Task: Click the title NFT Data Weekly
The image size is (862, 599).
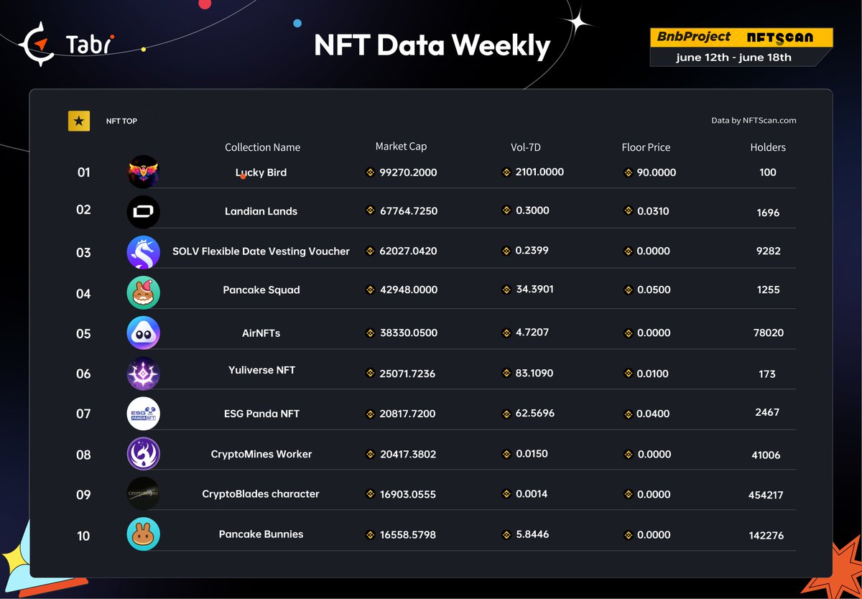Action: [432, 45]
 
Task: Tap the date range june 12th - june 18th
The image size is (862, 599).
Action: [733, 57]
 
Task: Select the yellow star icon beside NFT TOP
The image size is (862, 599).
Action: [79, 121]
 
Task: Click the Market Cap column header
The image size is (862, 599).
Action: [401, 147]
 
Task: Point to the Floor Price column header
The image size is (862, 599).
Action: [646, 147]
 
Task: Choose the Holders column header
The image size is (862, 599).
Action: [768, 147]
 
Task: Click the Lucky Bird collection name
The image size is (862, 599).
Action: [261, 172]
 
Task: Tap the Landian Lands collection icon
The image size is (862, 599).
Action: [143, 212]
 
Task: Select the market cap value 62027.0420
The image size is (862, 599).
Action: [408, 251]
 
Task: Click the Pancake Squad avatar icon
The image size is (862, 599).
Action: [143, 292]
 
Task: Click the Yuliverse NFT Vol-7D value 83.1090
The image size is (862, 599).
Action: [534, 373]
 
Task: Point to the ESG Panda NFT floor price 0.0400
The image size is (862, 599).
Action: [653, 414]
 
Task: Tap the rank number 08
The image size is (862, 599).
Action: [83, 455]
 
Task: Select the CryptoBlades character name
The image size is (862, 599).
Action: [261, 494]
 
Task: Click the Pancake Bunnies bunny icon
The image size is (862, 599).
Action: [143, 534]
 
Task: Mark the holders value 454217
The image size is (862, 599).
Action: [766, 495]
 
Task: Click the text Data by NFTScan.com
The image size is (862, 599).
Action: [754, 121]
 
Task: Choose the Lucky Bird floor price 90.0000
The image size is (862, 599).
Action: [656, 172]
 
